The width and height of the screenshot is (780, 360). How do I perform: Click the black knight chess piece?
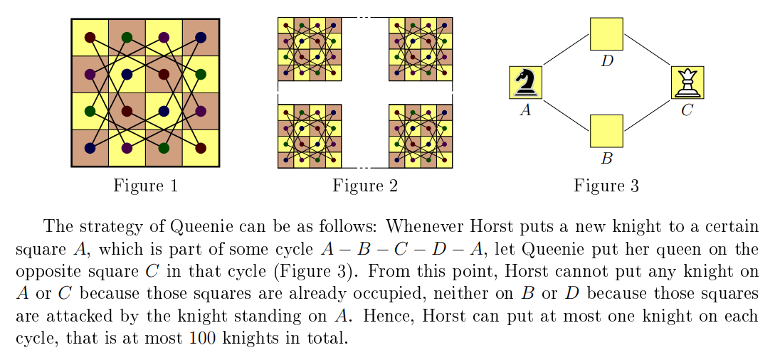[x=526, y=83]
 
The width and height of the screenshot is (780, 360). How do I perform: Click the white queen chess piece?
[x=687, y=83]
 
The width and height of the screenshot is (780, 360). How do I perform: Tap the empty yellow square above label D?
[x=606, y=33]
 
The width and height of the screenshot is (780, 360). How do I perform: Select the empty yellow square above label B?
[x=606, y=132]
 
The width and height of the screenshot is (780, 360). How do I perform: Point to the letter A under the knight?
[x=525, y=110]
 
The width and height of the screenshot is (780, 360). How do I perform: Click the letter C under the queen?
[x=687, y=110]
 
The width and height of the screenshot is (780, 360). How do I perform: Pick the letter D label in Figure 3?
[x=607, y=61]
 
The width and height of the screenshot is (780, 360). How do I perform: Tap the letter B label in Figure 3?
[x=606, y=159]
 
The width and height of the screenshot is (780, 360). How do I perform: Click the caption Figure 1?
[x=145, y=186]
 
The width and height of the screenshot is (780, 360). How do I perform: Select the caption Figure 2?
[x=365, y=186]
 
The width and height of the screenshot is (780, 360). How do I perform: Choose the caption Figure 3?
[x=606, y=186]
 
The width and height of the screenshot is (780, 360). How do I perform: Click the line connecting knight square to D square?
[x=566, y=51]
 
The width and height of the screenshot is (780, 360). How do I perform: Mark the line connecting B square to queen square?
[x=648, y=115]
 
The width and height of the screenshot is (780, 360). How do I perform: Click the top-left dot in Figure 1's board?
[x=90, y=37]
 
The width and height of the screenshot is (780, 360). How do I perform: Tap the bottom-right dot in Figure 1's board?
[x=201, y=148]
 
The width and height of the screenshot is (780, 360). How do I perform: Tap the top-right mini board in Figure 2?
[x=421, y=49]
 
